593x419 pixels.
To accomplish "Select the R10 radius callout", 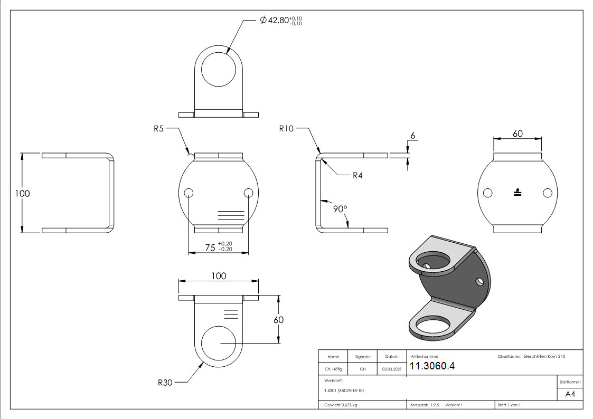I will tap(286, 128).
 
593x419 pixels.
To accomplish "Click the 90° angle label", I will tap(340, 209).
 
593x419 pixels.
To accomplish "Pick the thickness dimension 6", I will tap(412, 136).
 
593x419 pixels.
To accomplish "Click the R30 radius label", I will tap(165, 383).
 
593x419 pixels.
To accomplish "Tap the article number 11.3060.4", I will tap(432, 367).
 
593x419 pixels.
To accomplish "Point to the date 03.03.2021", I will tap(391, 369).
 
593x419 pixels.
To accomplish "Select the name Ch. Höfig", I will tap(333, 369).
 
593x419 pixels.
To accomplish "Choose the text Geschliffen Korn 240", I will tap(544, 357).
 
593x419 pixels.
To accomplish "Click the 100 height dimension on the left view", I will tap(23, 193).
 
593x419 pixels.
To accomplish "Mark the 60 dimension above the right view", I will tap(517, 134).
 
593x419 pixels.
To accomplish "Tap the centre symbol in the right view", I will tap(517, 193).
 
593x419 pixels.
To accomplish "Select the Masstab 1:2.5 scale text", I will tap(425, 405).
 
